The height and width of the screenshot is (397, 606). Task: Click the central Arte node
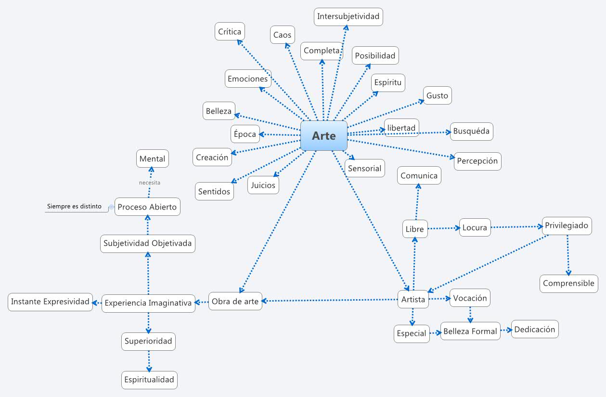(323, 135)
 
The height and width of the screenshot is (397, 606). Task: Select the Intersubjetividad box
(348, 16)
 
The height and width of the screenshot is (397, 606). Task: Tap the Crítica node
(230, 32)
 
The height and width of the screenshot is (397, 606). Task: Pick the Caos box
(282, 35)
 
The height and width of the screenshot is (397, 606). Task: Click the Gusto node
(437, 95)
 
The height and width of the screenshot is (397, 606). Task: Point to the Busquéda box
(471, 131)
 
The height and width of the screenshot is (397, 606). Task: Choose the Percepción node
(477, 161)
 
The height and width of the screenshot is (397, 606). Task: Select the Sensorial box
(364, 168)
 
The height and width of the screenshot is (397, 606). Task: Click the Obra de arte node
(235, 302)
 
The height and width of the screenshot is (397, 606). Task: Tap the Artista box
(413, 300)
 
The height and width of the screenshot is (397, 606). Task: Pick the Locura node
(475, 227)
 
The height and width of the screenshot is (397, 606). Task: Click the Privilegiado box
(567, 225)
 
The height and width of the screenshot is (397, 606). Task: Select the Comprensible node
(568, 283)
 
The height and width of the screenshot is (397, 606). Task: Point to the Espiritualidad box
(149, 380)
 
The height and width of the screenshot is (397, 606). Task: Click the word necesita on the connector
(150, 183)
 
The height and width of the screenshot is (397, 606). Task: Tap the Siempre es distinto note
(74, 207)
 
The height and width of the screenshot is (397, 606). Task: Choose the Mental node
(152, 159)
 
